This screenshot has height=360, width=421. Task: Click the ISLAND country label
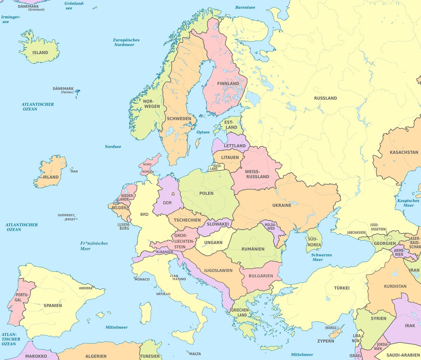click(40, 53)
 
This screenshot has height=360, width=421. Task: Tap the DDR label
click(167, 203)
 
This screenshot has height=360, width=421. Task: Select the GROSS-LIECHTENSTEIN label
click(184, 241)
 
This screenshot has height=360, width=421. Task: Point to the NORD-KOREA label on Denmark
click(147, 168)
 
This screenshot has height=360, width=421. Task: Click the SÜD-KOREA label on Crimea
click(314, 242)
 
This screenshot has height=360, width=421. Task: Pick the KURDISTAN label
click(395, 286)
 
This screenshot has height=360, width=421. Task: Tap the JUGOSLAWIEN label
click(218, 271)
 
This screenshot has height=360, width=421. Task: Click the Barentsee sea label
click(245, 7)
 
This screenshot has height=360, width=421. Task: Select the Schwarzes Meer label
click(321, 257)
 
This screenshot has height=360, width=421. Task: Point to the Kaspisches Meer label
click(408, 203)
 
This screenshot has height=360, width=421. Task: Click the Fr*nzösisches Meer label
click(94, 246)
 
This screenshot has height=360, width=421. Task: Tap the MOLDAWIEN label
click(270, 226)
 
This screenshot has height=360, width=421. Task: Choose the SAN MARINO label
click(179, 277)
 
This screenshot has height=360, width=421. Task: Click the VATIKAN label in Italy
click(163, 294)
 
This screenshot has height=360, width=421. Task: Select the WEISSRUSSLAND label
click(257, 174)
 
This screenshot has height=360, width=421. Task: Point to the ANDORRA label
click(86, 288)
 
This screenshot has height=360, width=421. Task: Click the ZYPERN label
click(326, 341)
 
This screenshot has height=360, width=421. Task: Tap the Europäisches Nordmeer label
click(126, 42)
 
